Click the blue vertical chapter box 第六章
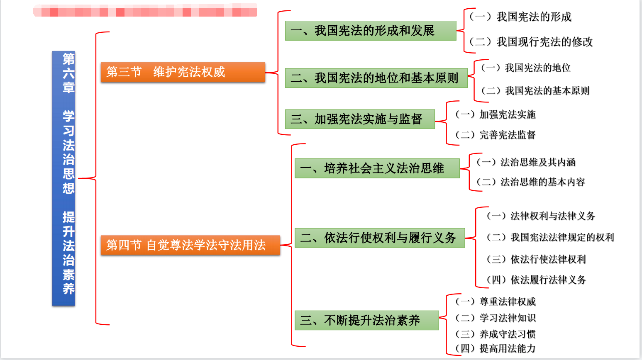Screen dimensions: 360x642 [x=63, y=178]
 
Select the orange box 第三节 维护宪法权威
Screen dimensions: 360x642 [x=183, y=72]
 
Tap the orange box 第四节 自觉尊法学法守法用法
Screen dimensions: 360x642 [x=190, y=245]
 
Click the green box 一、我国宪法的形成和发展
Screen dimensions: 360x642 [x=371, y=31]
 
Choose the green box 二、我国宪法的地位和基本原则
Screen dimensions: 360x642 [x=376, y=78]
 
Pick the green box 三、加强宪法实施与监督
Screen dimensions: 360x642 [x=360, y=119]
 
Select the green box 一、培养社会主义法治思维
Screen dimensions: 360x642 [x=377, y=168]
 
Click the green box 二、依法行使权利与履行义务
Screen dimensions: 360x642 [x=379, y=238]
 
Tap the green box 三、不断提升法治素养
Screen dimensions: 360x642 [x=366, y=320]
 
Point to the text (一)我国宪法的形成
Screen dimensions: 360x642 [x=520, y=17]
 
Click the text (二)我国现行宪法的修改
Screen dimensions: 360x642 [x=531, y=42]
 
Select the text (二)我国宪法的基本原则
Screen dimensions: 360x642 [x=535, y=91]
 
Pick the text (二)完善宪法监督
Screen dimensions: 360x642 [x=496, y=135]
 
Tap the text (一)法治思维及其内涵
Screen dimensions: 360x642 [x=526, y=162]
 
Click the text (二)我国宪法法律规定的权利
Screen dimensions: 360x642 [x=550, y=237]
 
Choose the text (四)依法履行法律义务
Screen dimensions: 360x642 [x=536, y=280]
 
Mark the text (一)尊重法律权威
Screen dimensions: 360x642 [x=496, y=302]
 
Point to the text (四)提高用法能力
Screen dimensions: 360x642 [x=496, y=348]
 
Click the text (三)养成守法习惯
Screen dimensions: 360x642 [x=496, y=334]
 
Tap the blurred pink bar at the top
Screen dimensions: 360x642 [x=145, y=10]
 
